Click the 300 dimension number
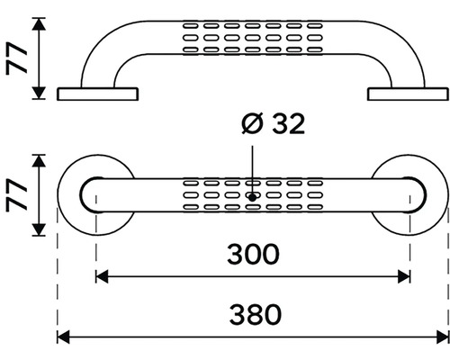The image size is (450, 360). coord(253,254)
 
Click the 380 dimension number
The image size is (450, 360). coord(256,315)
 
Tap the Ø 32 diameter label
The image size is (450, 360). coord(274,123)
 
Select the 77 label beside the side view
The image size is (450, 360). coord(17,58)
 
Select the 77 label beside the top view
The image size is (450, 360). coord(17,195)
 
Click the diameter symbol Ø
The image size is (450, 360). coord(252,123)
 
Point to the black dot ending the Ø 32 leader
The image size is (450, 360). coord(252,198)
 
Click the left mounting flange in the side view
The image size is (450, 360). coord(97,94)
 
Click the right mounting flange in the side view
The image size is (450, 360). coord(408,94)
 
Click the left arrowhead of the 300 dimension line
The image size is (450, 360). coord(102,276)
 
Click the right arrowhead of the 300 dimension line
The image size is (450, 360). coord(404,276)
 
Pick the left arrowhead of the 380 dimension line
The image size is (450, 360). coord(63,337)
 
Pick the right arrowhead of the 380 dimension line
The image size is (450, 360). coord(443,337)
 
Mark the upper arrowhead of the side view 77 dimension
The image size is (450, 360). coord(39,24)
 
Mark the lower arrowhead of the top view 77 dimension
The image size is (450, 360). coord(39,229)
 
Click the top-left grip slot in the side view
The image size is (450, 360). coord(191,26)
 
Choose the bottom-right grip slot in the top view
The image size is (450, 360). coord(315,207)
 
